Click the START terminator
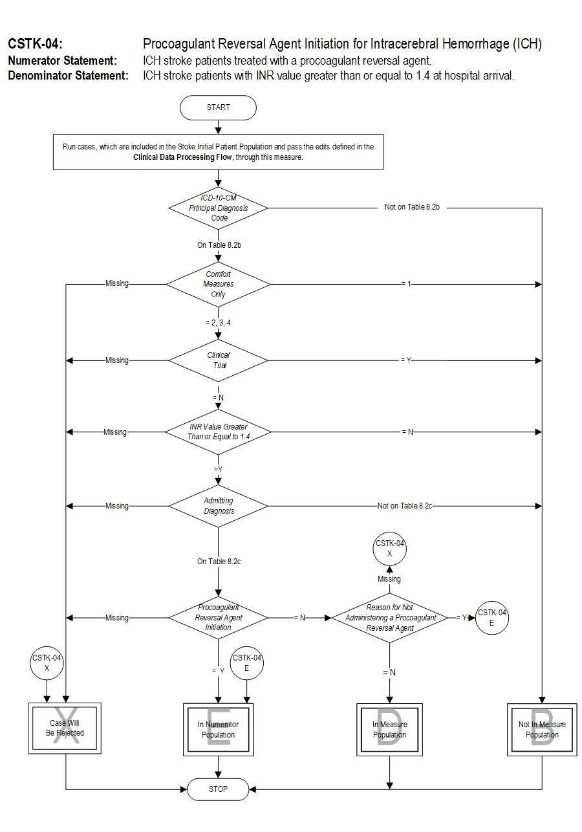coord(218,107)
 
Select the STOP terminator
coord(218,789)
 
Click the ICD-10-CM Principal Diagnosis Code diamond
coord(218,208)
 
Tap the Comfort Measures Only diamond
coord(218,284)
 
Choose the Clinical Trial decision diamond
coord(218,360)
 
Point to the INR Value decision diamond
coord(218,432)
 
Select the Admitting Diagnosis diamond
coord(218,506)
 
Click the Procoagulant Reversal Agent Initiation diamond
coord(218,618)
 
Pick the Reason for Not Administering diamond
coord(389,618)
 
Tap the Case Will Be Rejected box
coord(65,729)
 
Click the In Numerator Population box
coord(218,729)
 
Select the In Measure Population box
coord(389,729)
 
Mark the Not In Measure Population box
coord(542,729)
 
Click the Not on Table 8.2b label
coord(412,208)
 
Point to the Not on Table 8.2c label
coord(405,506)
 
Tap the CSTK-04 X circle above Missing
coord(389,549)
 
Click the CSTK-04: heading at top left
coord(35,45)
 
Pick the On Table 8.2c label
coord(219,562)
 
